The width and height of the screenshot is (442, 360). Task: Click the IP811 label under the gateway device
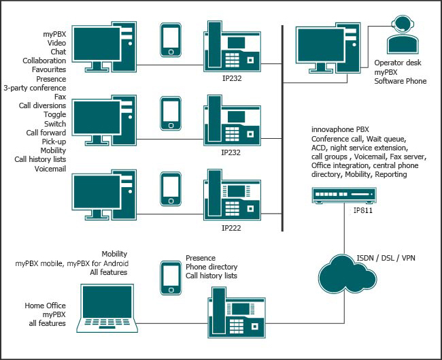363,210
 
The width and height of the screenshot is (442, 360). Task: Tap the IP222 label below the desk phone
231,228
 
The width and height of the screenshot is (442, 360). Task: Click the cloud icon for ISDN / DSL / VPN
347,274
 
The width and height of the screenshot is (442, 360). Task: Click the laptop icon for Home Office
107,308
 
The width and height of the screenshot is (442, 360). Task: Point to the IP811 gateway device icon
344,195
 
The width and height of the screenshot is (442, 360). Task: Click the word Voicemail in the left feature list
50,169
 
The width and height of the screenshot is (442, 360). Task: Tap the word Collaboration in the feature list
44,61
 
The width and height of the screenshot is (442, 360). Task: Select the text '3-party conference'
35,88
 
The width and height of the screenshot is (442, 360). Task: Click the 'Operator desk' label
398,63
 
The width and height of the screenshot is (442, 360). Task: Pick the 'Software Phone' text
401,81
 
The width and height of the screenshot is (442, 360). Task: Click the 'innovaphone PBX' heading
340,129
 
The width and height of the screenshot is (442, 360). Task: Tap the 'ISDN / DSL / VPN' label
386,258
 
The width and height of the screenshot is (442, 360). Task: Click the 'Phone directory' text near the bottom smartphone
211,267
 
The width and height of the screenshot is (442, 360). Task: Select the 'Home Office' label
45,306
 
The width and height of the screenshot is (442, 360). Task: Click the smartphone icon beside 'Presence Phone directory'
171,278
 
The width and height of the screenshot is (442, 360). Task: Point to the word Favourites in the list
49,69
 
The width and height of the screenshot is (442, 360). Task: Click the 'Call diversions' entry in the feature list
42,105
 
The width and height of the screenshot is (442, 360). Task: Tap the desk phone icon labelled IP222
232,195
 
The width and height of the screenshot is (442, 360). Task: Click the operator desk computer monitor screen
321,45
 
